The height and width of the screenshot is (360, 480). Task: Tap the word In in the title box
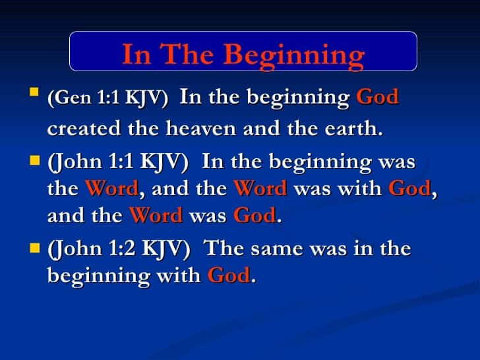point(136,54)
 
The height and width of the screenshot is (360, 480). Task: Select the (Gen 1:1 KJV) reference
point(107,98)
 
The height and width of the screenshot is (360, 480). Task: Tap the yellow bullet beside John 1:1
point(35,160)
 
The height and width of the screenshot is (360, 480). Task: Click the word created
point(84,129)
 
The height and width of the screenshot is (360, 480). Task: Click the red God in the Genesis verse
point(377,98)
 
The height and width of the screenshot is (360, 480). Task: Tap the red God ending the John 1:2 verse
point(229,275)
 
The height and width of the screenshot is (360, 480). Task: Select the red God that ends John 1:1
point(255,216)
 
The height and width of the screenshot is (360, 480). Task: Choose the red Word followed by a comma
point(111,189)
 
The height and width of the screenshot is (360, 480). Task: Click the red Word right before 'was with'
point(260,189)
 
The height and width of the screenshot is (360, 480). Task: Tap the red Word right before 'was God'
point(156,216)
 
